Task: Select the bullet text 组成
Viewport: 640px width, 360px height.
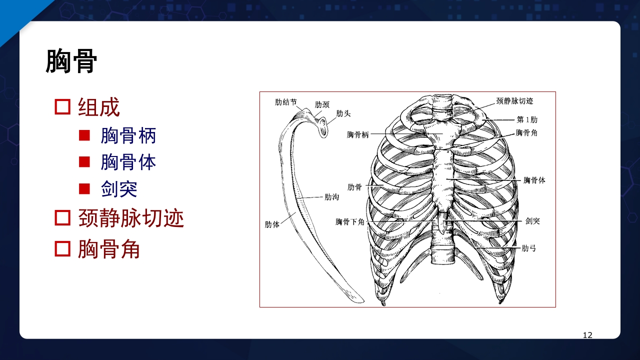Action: (x=99, y=107)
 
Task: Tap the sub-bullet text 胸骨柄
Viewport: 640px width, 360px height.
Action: (x=128, y=135)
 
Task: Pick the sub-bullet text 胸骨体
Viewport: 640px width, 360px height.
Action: (x=128, y=162)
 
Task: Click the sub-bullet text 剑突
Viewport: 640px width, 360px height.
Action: (x=119, y=189)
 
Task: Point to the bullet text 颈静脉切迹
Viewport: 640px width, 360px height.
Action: (x=131, y=218)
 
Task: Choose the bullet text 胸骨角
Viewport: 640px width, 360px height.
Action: (x=108, y=249)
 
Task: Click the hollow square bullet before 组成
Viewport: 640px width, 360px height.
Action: (x=62, y=107)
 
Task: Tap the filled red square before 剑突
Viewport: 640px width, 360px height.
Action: (x=84, y=189)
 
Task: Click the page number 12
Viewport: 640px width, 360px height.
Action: (x=587, y=335)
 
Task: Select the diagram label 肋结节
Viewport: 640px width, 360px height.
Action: (x=286, y=102)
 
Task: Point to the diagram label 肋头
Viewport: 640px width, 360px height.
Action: (x=343, y=113)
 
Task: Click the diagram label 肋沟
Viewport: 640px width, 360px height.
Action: (x=332, y=197)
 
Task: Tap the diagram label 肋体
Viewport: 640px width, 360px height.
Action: (x=272, y=224)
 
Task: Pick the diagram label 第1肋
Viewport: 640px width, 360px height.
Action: (x=527, y=119)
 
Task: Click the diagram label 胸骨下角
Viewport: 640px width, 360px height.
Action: (x=350, y=221)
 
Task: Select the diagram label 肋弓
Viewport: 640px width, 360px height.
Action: (x=528, y=248)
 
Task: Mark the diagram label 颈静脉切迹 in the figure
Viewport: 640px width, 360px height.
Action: (x=514, y=101)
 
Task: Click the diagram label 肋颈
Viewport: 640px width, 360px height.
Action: (x=322, y=104)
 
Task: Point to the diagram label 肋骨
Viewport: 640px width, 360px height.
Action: (x=354, y=187)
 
